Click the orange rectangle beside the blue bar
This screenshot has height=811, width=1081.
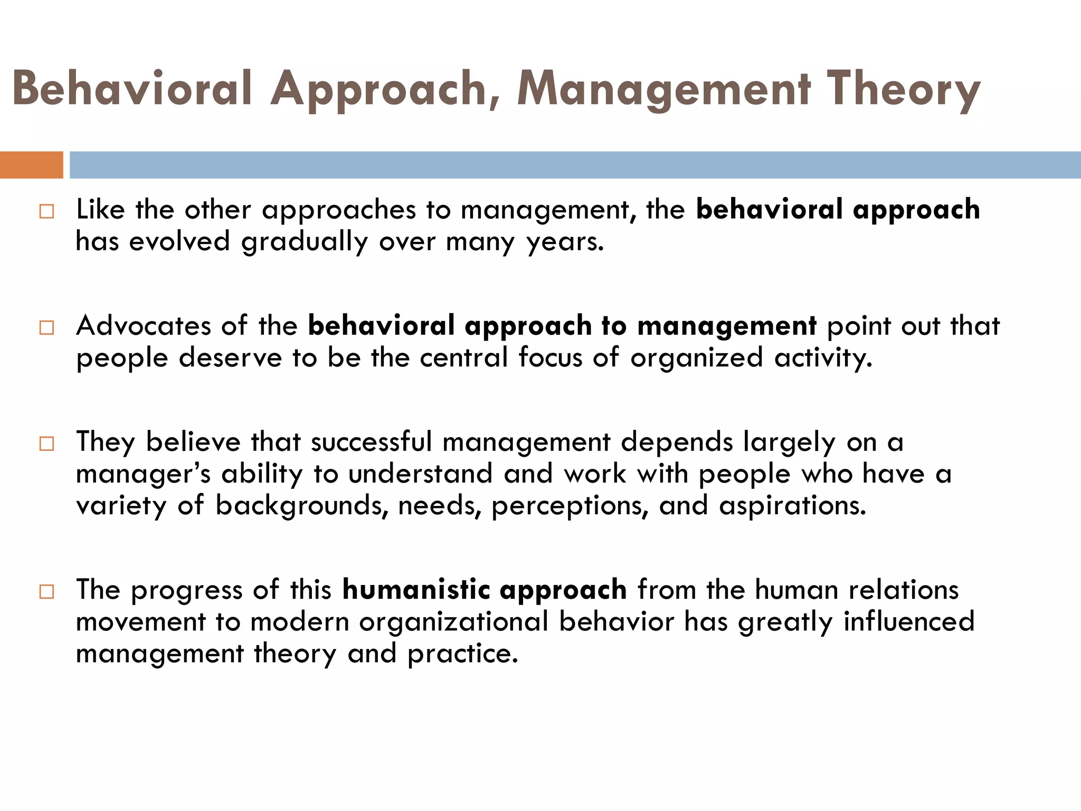click(x=31, y=165)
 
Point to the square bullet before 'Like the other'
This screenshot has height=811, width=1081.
click(x=46, y=212)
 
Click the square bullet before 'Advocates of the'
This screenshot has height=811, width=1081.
click(x=46, y=328)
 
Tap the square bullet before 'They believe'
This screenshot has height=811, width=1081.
click(x=46, y=444)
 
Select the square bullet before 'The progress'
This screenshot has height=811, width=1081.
click(x=46, y=591)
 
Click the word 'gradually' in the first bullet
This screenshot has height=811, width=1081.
click(x=305, y=242)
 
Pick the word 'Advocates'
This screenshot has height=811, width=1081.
click(x=143, y=325)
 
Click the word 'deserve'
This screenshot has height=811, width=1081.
click(x=231, y=357)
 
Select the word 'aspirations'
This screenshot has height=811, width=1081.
click(x=792, y=506)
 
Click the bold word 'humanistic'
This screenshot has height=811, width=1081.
click(x=416, y=589)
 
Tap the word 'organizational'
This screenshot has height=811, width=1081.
click(x=454, y=621)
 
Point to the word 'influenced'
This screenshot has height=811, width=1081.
click(x=908, y=621)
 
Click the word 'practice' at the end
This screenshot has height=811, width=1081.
click(x=462, y=654)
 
